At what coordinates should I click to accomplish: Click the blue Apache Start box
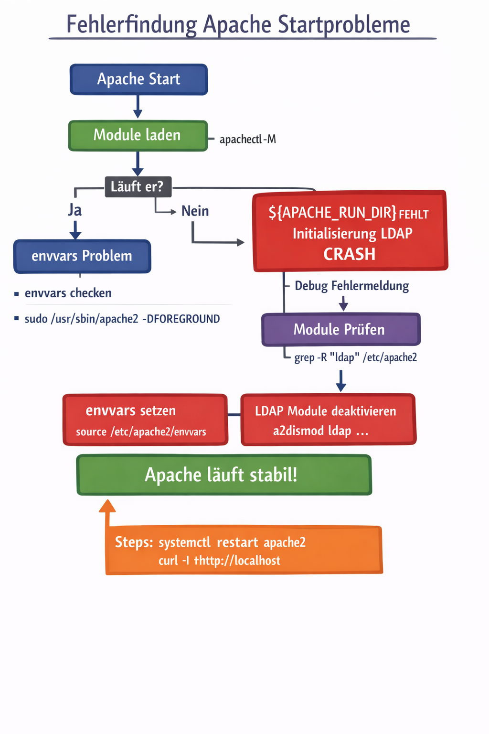138,79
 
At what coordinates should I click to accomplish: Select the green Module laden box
138,135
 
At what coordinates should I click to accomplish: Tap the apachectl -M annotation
247,140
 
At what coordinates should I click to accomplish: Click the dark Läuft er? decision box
138,186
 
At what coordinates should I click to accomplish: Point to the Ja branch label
75,210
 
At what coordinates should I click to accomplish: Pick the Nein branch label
195,211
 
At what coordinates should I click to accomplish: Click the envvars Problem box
82,256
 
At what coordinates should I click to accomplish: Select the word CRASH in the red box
350,254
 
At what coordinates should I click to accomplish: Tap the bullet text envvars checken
68,293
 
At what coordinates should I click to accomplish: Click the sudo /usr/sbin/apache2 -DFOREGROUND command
122,319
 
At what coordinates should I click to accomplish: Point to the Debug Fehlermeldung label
351,286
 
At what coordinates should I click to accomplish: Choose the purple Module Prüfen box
340,329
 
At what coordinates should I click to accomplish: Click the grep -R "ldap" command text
355,357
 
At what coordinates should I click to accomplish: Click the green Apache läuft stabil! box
223,475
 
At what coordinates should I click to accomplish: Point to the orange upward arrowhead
107,506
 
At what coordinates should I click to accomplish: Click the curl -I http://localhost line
220,561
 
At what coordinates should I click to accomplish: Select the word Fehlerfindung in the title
131,25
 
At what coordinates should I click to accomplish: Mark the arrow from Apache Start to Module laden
138,107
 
